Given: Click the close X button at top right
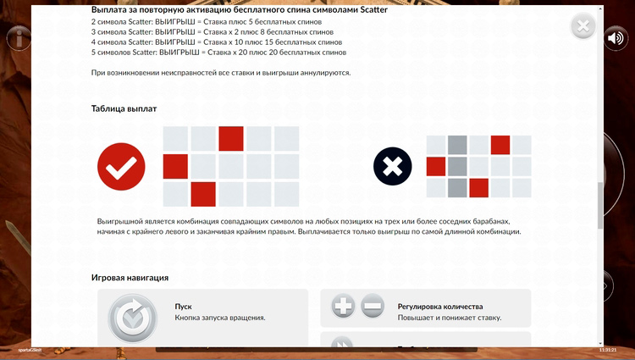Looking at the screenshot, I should point(583,26).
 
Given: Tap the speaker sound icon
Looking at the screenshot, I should point(616,38).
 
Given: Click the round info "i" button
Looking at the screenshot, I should point(19,38).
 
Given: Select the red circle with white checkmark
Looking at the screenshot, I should point(121,166).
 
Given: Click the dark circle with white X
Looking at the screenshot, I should point(393,166).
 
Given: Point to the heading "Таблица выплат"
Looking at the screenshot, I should point(124,108).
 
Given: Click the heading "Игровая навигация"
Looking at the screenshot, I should point(130,277).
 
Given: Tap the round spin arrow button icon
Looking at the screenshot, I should point(131,318).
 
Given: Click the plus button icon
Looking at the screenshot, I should point(343,307).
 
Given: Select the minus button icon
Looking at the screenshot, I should point(373,307).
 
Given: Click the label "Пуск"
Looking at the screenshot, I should point(184,307).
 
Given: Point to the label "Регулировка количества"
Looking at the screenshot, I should point(439,307).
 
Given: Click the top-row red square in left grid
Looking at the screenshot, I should point(231,138).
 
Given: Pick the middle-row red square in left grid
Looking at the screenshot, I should point(175,166).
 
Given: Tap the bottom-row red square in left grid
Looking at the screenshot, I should point(203,194).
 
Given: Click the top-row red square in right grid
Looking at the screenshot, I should point(500,144).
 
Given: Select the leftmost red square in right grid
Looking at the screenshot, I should point(436,165).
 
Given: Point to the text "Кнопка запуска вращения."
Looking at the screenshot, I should point(220,318).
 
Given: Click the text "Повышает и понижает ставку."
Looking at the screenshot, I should point(449,318).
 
